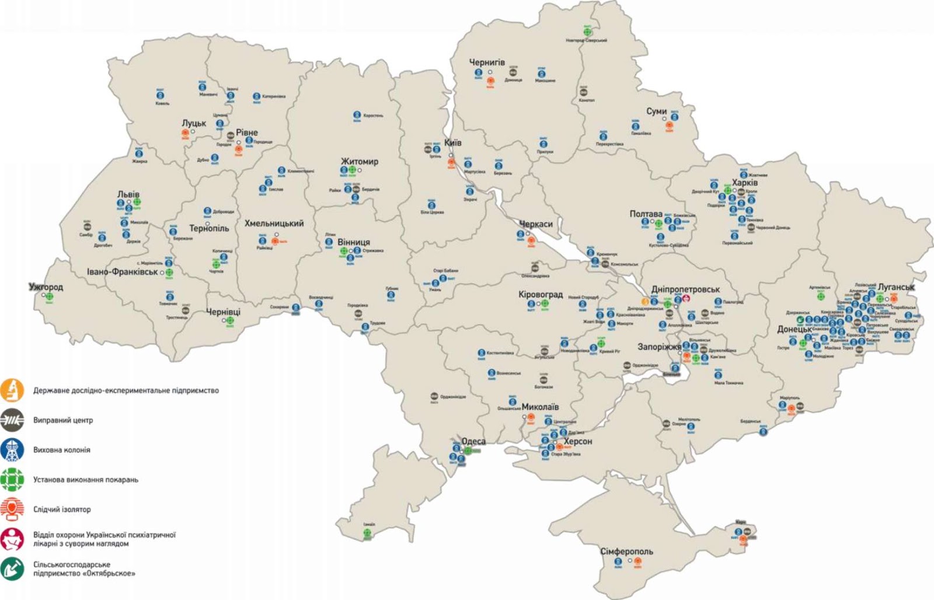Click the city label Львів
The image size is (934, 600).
point(128,194)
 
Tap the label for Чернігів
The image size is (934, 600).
point(487,62)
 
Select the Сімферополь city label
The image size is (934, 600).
point(626,551)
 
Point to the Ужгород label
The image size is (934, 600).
point(46,287)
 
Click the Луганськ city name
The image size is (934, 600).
point(896,287)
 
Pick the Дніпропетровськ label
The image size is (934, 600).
point(685,289)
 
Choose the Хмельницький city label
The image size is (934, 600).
point(274,224)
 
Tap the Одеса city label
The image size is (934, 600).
point(473,441)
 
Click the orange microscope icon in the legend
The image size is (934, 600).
point(12,390)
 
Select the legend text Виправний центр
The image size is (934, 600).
point(63,420)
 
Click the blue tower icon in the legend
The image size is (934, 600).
point(12,450)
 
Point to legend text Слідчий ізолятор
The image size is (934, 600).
point(62,510)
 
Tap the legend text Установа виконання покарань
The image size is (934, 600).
point(86,480)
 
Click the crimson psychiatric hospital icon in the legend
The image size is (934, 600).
point(12,539)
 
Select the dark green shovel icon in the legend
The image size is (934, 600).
point(12,568)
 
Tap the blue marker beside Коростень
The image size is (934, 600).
point(357,116)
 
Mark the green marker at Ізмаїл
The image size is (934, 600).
point(368,532)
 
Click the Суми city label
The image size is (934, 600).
point(656,111)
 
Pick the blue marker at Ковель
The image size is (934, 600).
point(161,94)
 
